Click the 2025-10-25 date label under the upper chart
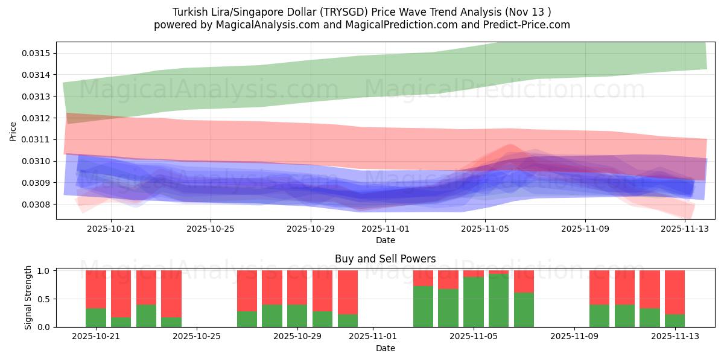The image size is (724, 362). (211, 229)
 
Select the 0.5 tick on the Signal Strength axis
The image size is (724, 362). (45, 299)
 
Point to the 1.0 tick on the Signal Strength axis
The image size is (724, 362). (45, 271)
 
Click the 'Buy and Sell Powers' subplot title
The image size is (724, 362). (386, 259)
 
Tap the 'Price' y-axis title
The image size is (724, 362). (13, 131)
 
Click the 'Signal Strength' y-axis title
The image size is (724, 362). (28, 299)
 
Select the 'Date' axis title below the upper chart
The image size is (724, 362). (386, 240)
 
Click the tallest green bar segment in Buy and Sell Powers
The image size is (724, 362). (498, 300)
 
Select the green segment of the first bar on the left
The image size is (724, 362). (96, 317)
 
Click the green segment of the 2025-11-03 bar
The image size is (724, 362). (423, 306)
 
